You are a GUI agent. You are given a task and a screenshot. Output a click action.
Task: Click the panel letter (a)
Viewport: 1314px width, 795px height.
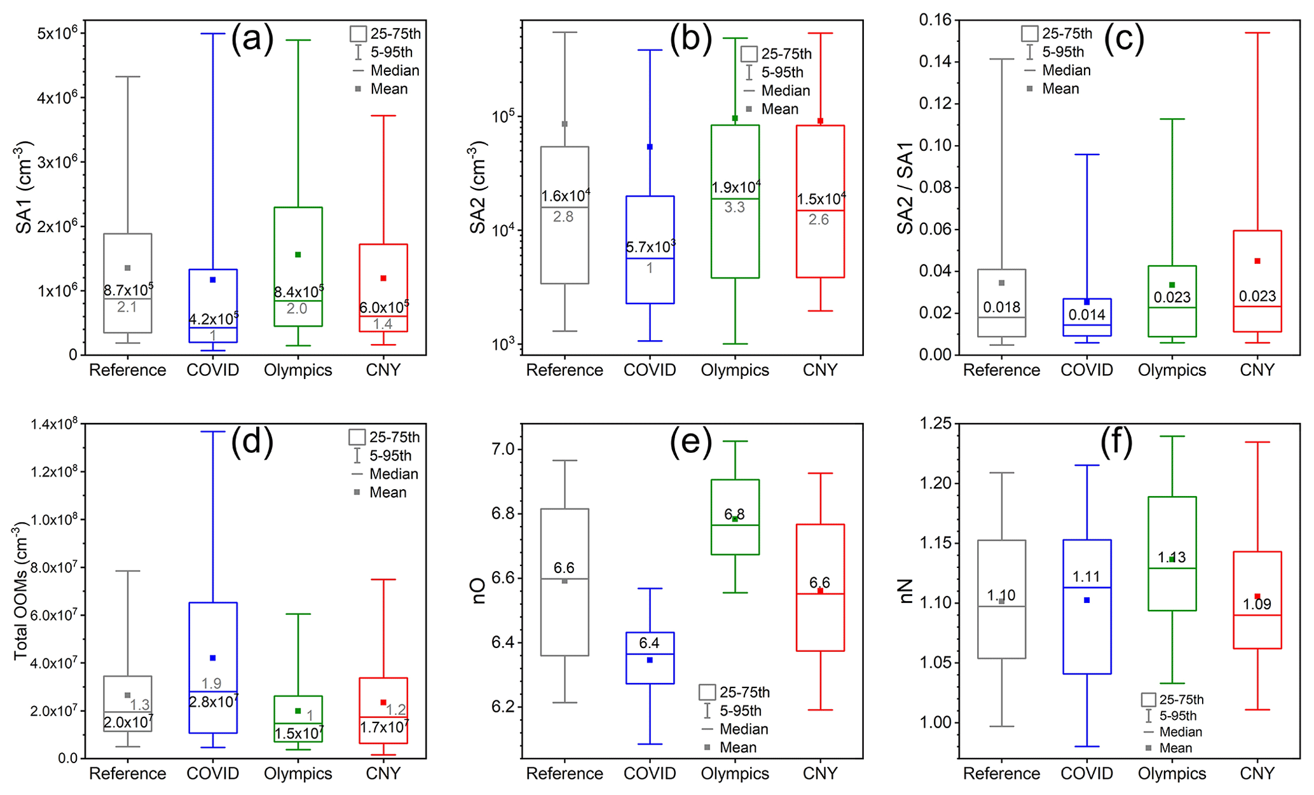point(252,40)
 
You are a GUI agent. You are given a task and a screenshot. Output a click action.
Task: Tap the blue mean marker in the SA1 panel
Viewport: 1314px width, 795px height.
point(213,280)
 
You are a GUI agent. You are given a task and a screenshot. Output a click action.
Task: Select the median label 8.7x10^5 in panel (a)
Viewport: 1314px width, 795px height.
point(128,291)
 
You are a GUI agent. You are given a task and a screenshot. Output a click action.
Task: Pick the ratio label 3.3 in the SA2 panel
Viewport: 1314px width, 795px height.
point(734,207)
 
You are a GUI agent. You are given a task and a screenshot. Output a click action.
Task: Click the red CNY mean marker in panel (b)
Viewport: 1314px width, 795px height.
point(820,121)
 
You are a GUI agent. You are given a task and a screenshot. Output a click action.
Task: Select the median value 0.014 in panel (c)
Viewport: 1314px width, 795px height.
point(1086,315)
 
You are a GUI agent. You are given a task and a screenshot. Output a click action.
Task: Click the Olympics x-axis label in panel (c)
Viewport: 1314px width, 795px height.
point(1172,370)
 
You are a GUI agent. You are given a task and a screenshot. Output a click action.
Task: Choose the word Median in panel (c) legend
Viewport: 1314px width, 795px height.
point(1066,71)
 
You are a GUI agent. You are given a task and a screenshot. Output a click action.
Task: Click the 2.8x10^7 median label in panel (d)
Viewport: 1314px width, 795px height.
point(213,702)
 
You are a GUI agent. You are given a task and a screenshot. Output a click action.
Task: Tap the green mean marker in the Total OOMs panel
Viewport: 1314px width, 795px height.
point(298,711)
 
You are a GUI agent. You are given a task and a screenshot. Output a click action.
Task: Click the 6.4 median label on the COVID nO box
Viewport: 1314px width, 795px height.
point(649,643)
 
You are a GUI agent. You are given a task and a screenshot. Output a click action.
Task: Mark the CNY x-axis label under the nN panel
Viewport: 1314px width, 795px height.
point(1257,773)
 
